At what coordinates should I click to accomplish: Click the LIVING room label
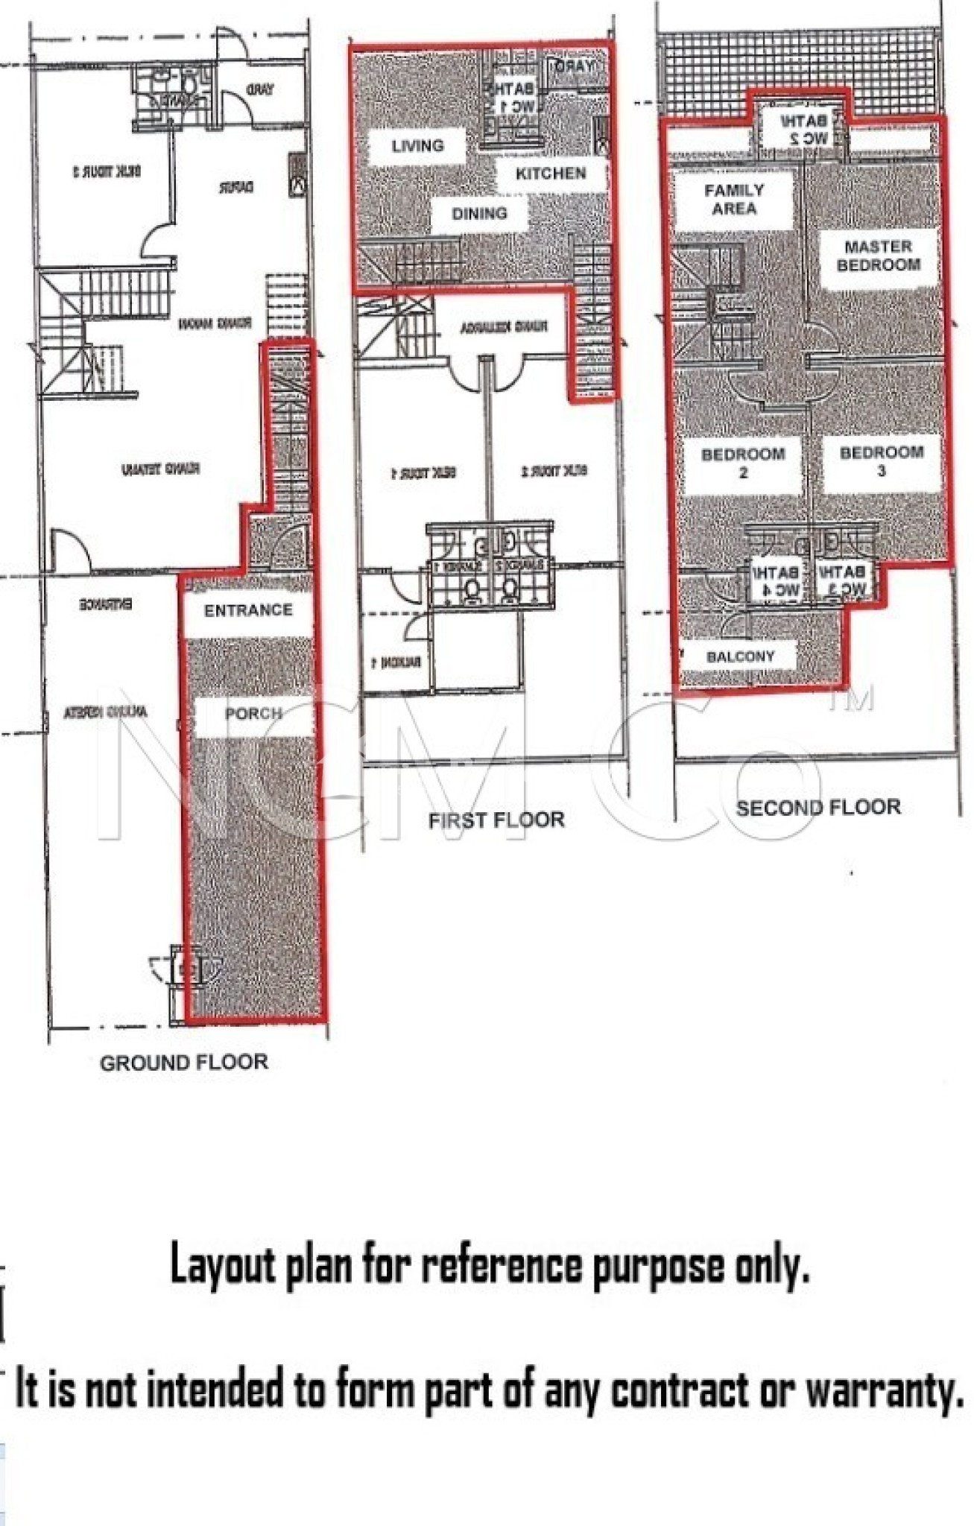tap(417, 145)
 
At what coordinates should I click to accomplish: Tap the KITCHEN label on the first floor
tap(551, 174)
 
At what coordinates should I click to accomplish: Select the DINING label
tap(479, 214)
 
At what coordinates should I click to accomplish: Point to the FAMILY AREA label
tap(734, 199)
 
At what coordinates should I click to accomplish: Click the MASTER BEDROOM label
tap(878, 256)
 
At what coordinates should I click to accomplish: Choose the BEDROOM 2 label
tap(743, 463)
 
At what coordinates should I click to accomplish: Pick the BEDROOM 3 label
tap(881, 461)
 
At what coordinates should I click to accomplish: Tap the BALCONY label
tap(740, 656)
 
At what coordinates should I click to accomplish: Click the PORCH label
tap(253, 713)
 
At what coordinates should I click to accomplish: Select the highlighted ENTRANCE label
tap(248, 610)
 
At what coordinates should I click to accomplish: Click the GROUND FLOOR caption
tap(184, 1063)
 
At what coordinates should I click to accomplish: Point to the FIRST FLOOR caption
tap(496, 820)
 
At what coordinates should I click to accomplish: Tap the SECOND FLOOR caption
tap(818, 807)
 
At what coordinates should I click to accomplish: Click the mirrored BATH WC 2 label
tap(803, 129)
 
